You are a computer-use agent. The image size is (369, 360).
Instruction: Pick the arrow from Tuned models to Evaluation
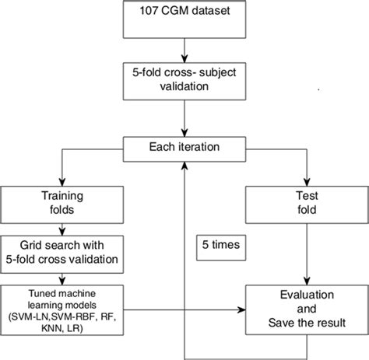click(179, 311)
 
